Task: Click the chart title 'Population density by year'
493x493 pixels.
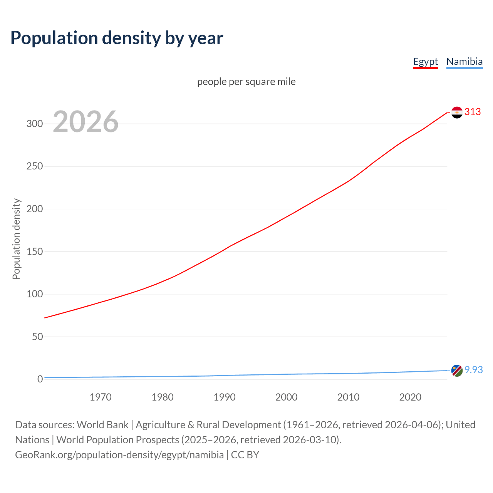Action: (117, 38)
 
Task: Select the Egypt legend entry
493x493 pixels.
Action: (425, 62)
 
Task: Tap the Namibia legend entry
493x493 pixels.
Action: (464, 62)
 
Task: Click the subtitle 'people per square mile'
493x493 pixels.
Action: (246, 82)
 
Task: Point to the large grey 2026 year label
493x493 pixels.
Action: (86, 122)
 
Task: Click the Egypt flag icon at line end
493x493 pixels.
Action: (457, 112)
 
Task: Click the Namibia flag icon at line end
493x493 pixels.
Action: (457, 371)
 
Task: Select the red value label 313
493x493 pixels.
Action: (473, 112)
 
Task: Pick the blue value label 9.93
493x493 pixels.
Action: (473, 370)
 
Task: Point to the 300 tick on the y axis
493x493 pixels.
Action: (34, 124)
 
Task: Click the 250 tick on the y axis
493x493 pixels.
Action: (34, 166)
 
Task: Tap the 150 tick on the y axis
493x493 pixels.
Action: (34, 252)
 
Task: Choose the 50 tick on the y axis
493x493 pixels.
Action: (37, 337)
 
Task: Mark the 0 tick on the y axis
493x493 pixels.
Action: (40, 379)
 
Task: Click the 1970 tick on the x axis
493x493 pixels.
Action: (101, 397)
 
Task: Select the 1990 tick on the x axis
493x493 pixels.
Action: (225, 397)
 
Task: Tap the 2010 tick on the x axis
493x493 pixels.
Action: (348, 397)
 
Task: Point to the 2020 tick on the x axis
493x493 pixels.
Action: (410, 397)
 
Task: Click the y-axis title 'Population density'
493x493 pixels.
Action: (16, 239)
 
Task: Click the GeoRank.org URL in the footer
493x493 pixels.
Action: (119, 455)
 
